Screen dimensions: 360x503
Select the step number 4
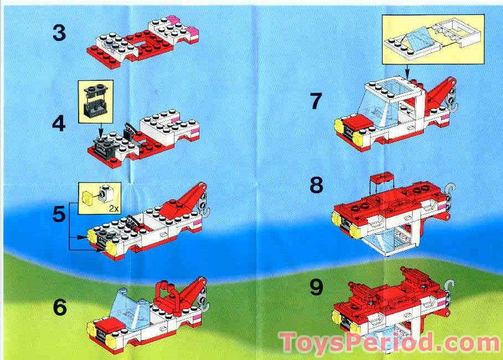point(59,122)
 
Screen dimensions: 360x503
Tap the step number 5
point(59,214)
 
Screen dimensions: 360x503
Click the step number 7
point(316,101)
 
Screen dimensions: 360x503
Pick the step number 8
point(316,185)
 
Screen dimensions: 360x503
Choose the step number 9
point(316,286)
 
